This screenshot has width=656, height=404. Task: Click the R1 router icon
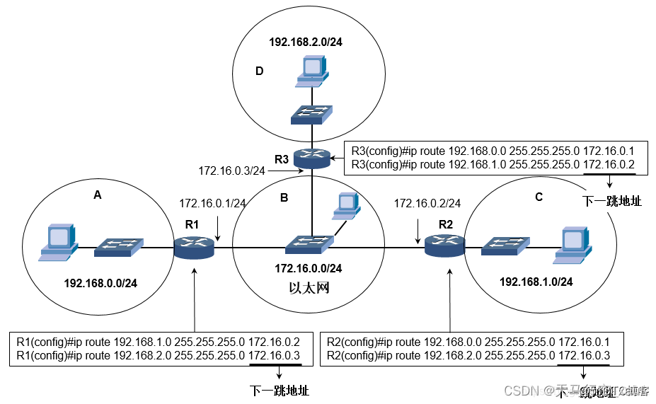point(194,248)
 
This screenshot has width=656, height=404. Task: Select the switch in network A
point(119,247)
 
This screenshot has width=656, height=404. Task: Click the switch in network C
point(505,246)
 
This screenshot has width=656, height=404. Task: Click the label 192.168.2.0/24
point(305,42)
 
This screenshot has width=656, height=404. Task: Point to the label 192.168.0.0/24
point(100,283)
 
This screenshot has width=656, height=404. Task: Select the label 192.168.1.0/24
point(536,282)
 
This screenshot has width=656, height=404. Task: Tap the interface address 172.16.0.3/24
point(231,171)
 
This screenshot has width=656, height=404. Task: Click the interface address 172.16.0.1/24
point(212,203)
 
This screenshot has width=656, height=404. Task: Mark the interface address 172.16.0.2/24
point(427,203)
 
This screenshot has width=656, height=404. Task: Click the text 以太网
point(309,289)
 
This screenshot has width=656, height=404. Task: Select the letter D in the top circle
point(259,71)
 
